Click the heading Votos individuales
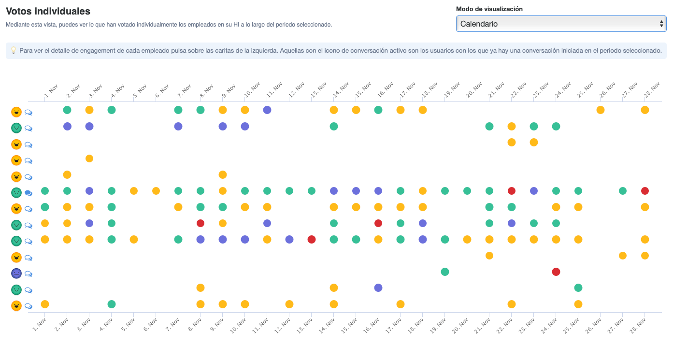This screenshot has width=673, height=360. click(x=48, y=11)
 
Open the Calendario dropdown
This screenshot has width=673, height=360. click(x=561, y=24)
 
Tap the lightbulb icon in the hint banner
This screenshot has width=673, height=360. click(x=14, y=50)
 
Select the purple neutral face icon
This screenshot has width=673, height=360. click(x=16, y=273)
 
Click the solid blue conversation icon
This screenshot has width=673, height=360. click(x=29, y=193)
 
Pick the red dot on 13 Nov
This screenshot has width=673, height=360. click(x=312, y=239)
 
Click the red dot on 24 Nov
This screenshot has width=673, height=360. click(x=556, y=272)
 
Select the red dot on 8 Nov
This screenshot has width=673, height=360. click(x=200, y=223)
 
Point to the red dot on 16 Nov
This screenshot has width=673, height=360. click(x=378, y=223)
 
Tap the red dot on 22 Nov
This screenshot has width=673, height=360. click(x=512, y=191)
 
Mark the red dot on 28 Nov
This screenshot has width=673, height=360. click(x=645, y=191)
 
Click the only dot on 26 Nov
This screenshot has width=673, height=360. click(x=601, y=110)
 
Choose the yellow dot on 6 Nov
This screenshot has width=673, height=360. click(x=156, y=191)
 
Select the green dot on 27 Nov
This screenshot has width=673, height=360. click(x=623, y=191)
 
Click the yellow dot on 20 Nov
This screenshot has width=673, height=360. click(x=467, y=239)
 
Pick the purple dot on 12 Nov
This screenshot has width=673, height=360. click(x=289, y=239)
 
